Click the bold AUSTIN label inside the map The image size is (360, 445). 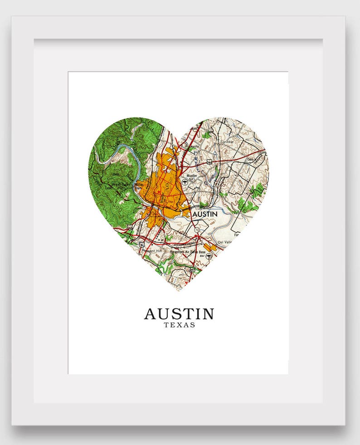tap(204, 214)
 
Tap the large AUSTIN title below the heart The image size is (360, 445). tap(179, 314)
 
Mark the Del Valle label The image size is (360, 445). tap(224, 242)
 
